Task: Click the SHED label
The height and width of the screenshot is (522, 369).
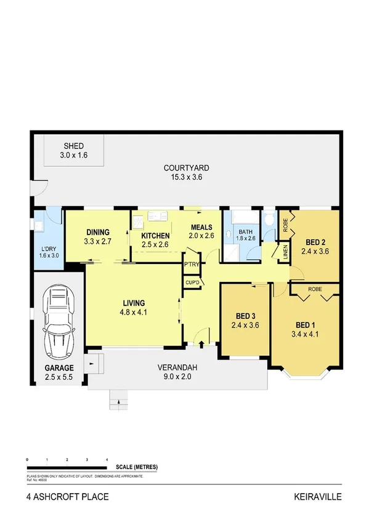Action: point(73,146)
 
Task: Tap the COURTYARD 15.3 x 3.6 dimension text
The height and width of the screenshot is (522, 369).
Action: point(187,177)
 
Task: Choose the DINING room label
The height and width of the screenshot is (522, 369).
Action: point(97,233)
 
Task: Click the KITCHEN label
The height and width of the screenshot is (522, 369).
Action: point(156,236)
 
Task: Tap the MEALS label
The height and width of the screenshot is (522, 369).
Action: point(201,227)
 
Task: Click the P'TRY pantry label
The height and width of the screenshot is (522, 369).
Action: point(191,265)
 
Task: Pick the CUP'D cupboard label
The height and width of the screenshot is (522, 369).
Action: point(192,283)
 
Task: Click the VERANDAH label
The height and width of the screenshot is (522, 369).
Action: point(177,363)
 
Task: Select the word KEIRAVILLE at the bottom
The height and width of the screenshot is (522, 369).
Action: point(318,496)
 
